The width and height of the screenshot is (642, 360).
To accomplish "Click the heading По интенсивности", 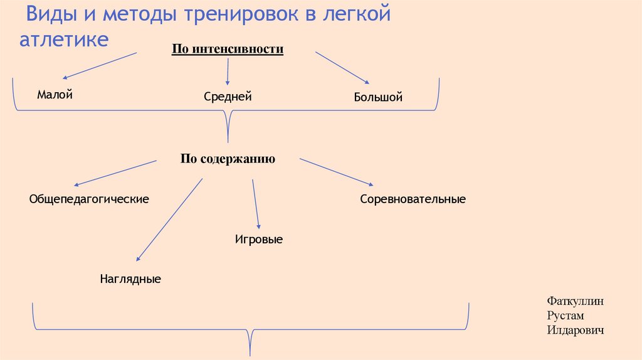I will [x=228, y=50].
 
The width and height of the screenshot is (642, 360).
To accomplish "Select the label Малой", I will [x=55, y=95].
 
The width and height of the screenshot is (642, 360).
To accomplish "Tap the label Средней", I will [x=228, y=97].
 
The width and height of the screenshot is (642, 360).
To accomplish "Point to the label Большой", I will [x=377, y=97].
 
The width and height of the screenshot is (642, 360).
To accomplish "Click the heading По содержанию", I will [x=228, y=159].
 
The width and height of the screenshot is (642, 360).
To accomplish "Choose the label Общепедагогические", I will [x=88, y=199].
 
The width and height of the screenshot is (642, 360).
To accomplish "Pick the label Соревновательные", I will [x=413, y=199].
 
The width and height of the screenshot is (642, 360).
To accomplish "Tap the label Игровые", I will [x=258, y=239].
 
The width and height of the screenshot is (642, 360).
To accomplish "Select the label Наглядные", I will [x=130, y=278].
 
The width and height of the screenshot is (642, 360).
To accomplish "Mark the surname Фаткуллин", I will [x=575, y=301].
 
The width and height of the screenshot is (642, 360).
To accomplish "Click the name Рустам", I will [x=566, y=315].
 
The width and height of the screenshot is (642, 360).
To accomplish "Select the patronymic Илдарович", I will [x=575, y=330].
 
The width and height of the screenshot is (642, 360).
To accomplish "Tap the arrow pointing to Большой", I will [x=342, y=67].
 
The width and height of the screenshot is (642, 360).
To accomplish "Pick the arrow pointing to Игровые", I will [x=255, y=204].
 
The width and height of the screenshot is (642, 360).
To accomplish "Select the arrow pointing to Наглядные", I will [x=169, y=220].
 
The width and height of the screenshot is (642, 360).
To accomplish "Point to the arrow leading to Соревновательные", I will [x=336, y=172].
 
